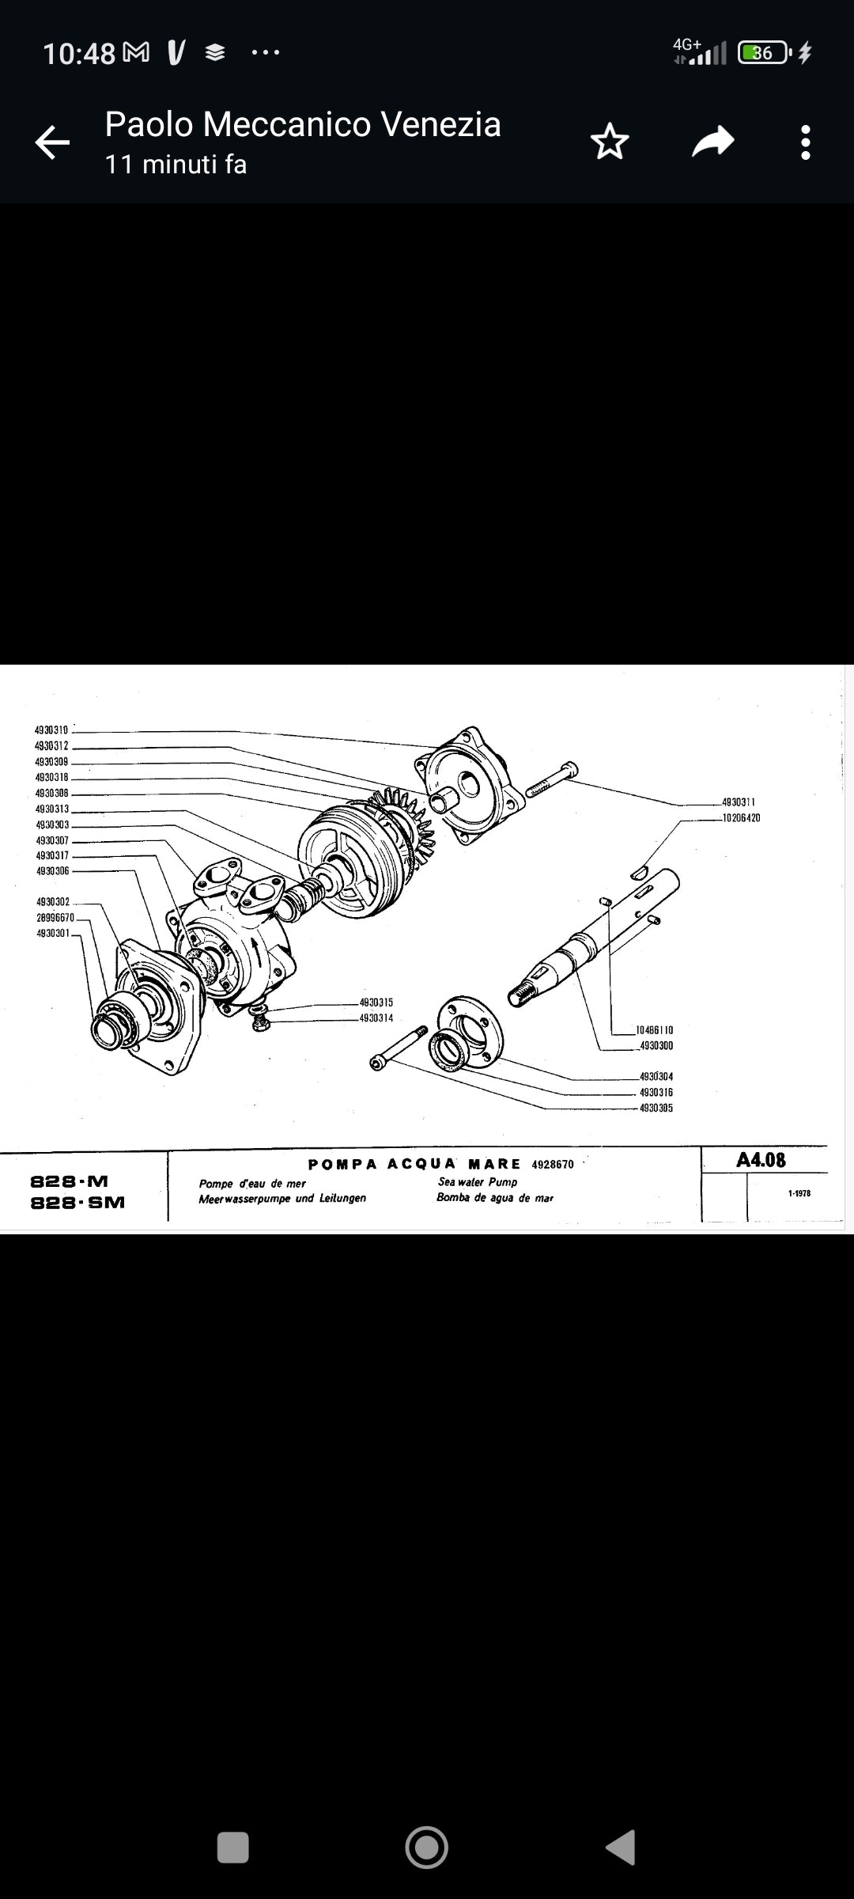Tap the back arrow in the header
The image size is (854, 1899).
[52, 142]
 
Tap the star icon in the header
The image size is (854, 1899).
[610, 142]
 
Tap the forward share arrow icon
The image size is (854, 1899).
[712, 142]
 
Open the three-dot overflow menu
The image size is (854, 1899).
[805, 142]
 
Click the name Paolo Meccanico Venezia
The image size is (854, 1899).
[303, 124]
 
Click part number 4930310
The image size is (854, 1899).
[51, 730]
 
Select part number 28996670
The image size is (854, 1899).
[55, 918]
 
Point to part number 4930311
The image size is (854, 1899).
[739, 802]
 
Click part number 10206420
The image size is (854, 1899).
[742, 818]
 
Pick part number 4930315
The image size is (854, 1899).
[376, 1003]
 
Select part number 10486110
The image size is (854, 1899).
[655, 1030]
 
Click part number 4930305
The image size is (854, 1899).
[656, 1108]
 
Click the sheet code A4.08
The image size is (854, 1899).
[761, 1160]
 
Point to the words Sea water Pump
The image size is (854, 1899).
[478, 1181]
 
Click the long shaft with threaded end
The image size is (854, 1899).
[593, 938]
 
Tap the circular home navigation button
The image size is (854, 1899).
[426, 1848]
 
